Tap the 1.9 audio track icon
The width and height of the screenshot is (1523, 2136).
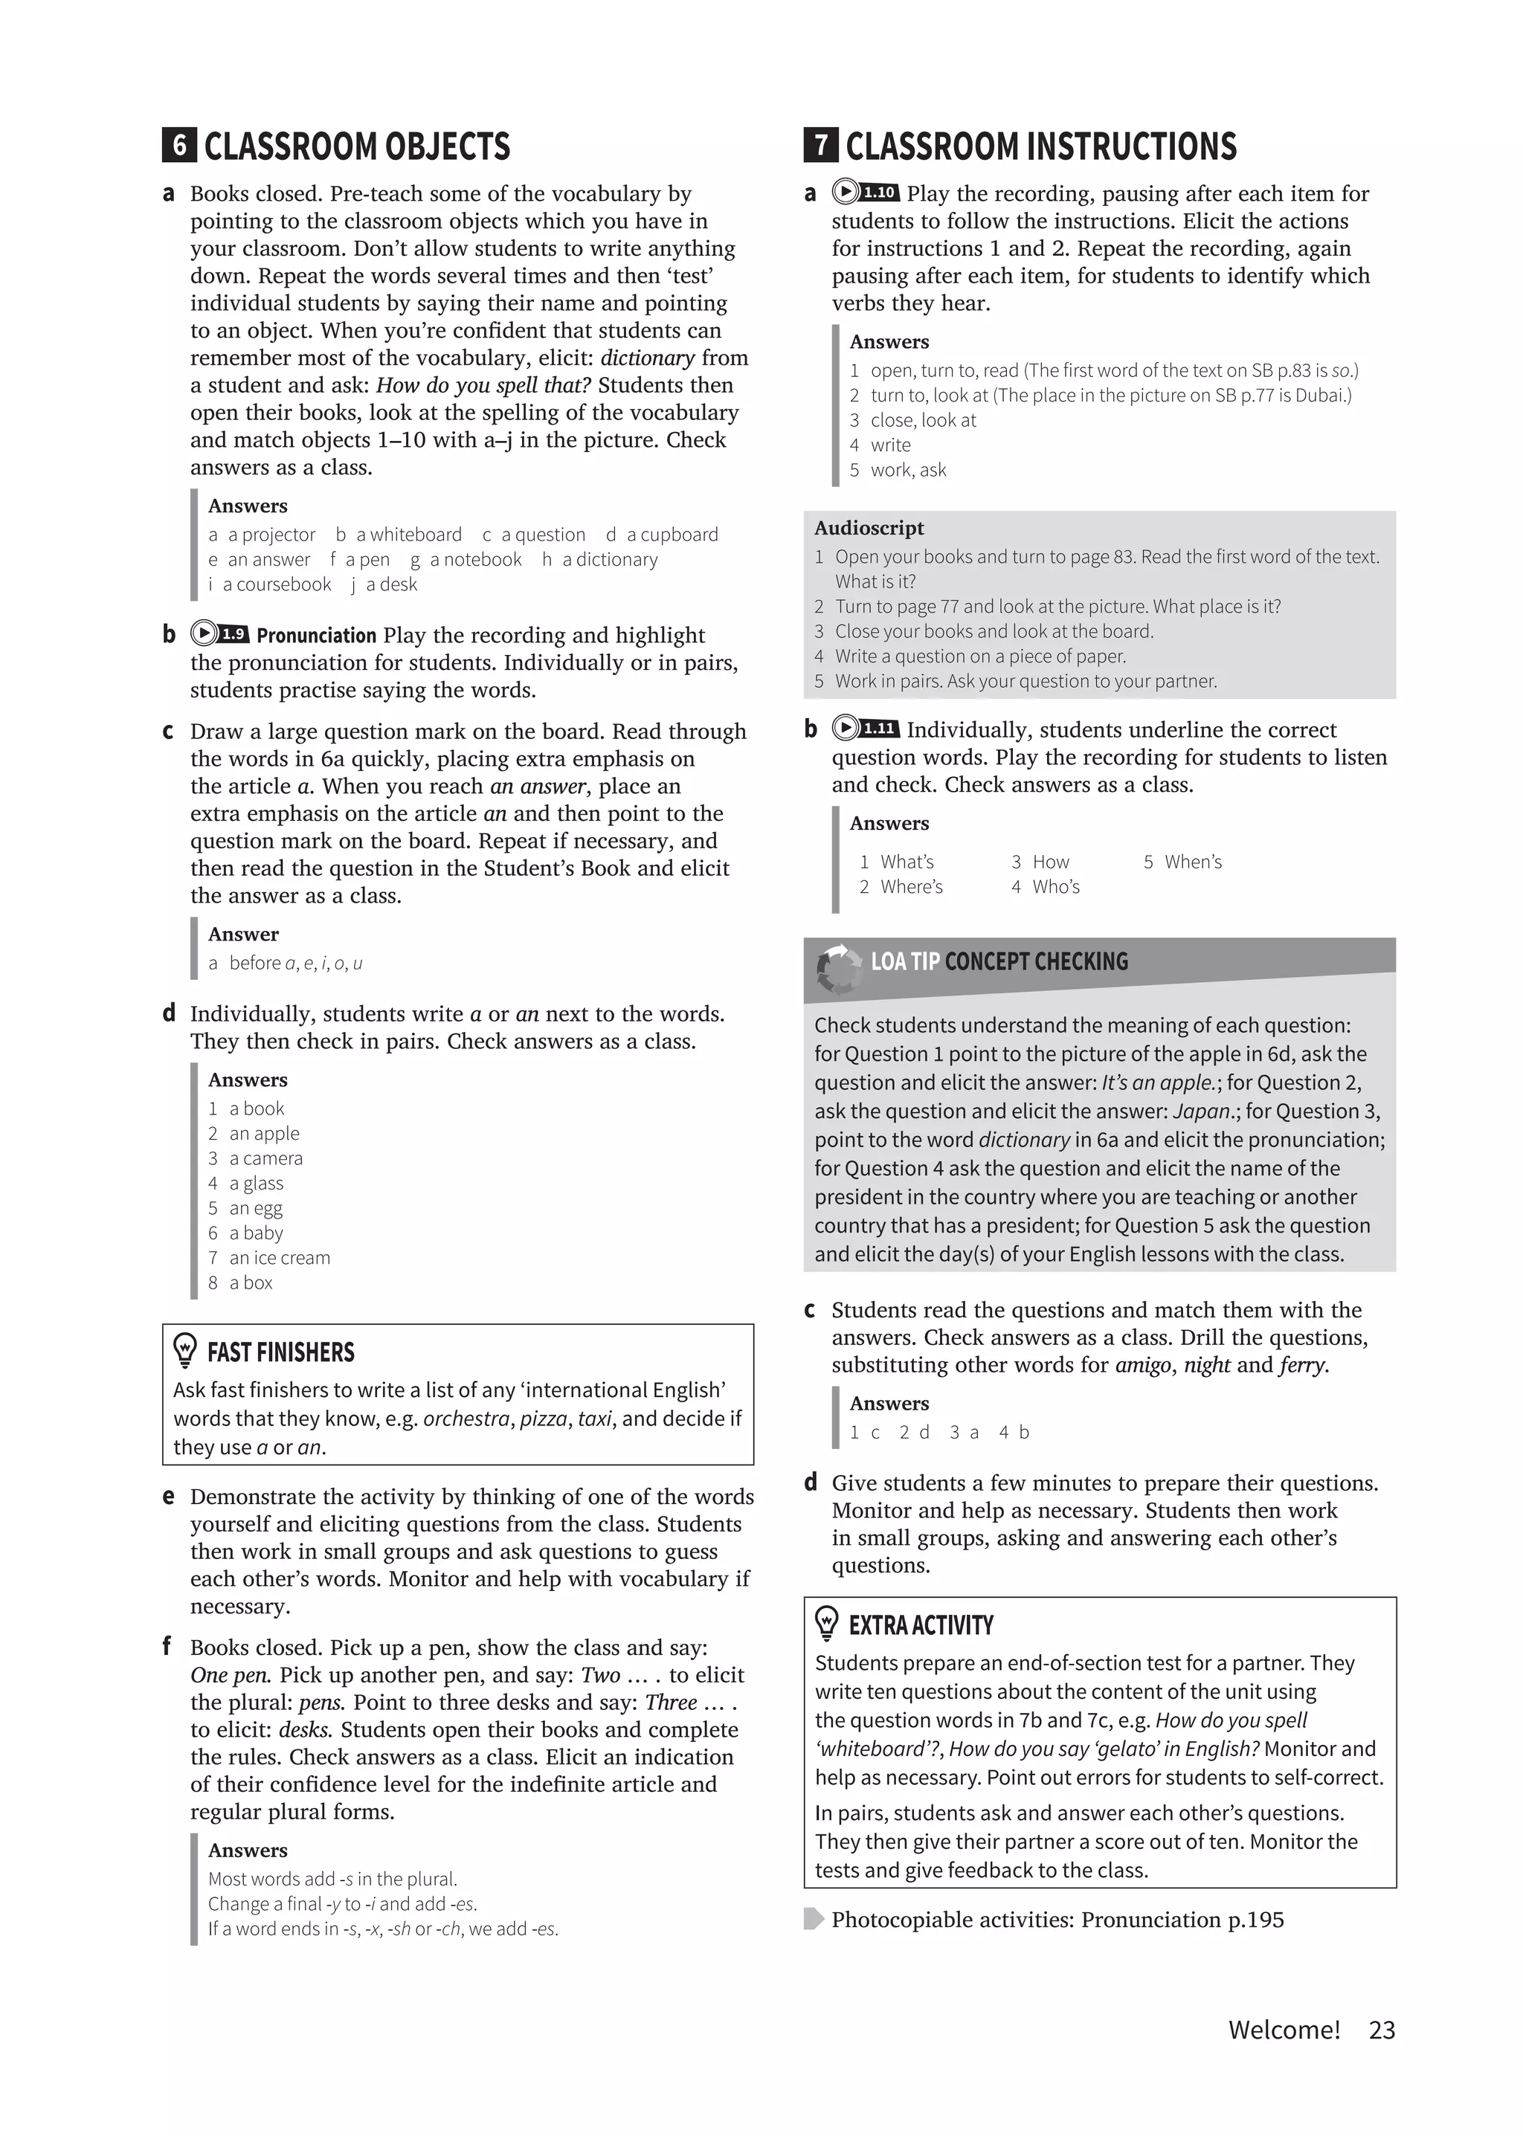[219, 634]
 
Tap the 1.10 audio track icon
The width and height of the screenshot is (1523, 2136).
[866, 193]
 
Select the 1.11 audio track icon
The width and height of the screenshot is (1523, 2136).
[866, 729]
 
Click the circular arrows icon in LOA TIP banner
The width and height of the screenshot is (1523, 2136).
[837, 968]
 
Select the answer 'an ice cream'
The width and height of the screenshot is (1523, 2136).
[280, 1257]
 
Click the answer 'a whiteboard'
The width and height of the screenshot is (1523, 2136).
[409, 535]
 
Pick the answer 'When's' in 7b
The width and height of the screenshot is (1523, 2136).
[1192, 862]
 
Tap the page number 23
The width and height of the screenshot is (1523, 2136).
[1382, 2030]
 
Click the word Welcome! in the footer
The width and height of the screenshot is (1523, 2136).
[1284, 2030]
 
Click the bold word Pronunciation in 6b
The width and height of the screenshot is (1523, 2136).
[316, 635]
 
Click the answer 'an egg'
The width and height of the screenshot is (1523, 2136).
[255, 1207]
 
